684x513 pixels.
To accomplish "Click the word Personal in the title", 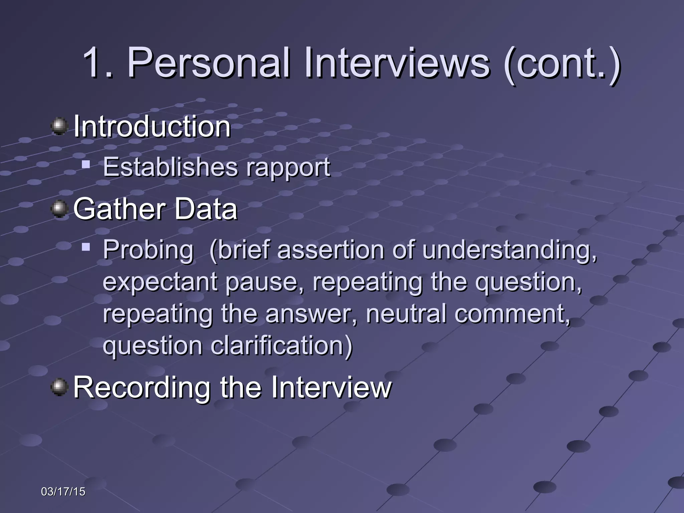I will click(209, 63).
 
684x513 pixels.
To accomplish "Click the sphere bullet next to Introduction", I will click(59, 126).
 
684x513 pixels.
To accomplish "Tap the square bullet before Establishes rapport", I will click(86, 164).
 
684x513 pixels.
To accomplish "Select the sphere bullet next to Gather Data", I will click(59, 209).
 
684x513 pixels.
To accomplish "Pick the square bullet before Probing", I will click(86, 247).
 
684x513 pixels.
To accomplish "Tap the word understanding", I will click(509, 250).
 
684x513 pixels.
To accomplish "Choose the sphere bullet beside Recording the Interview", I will click(59, 387).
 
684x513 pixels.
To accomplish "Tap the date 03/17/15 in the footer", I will click(63, 492).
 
